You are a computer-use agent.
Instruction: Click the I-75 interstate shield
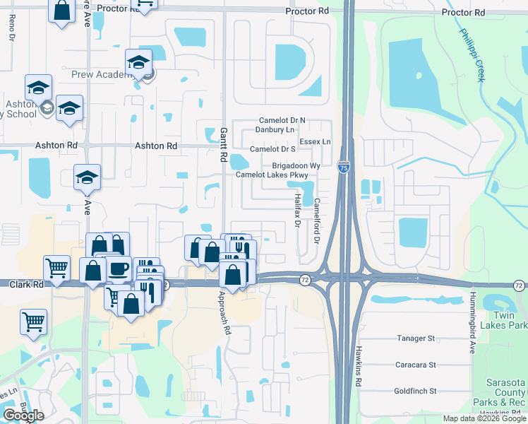[x=343, y=167]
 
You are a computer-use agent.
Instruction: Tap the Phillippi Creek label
[x=472, y=54]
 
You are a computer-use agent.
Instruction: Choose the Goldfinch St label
[x=415, y=391]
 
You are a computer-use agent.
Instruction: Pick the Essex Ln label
[x=315, y=142]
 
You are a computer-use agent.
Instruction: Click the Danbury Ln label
[x=275, y=130]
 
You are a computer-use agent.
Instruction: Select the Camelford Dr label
[x=317, y=221]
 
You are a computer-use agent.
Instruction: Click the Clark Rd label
[x=26, y=284]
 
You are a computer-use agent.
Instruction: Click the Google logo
[x=23, y=416]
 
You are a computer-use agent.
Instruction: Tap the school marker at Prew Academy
[x=138, y=64]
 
